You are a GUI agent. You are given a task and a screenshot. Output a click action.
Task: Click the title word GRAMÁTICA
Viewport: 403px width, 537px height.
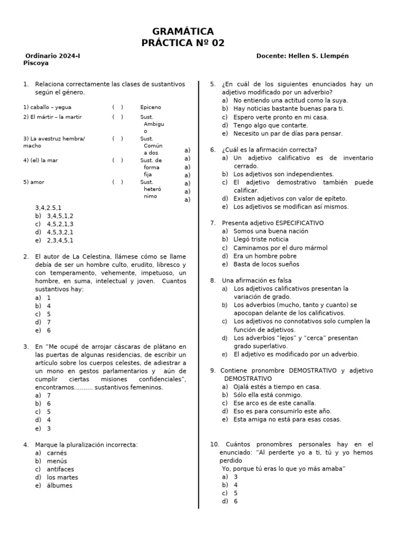183,31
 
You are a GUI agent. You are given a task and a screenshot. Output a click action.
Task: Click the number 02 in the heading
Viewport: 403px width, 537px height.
217,43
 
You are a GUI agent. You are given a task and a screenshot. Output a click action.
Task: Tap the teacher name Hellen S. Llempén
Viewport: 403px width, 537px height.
318,56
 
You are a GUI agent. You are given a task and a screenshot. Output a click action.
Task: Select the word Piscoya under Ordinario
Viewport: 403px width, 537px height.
36,63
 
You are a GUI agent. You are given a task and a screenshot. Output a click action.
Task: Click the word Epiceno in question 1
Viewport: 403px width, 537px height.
151,107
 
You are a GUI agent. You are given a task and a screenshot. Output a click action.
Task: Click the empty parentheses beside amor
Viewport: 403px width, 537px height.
118,182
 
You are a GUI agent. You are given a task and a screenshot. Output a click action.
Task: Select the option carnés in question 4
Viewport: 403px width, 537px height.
57,453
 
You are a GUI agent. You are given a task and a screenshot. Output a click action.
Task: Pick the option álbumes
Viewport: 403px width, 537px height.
59,486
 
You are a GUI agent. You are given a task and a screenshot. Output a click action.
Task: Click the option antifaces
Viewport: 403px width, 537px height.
60,469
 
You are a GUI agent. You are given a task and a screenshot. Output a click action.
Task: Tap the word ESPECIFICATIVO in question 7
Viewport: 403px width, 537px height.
300,223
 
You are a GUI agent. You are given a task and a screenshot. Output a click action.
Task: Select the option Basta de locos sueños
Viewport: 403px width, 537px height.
266,264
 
